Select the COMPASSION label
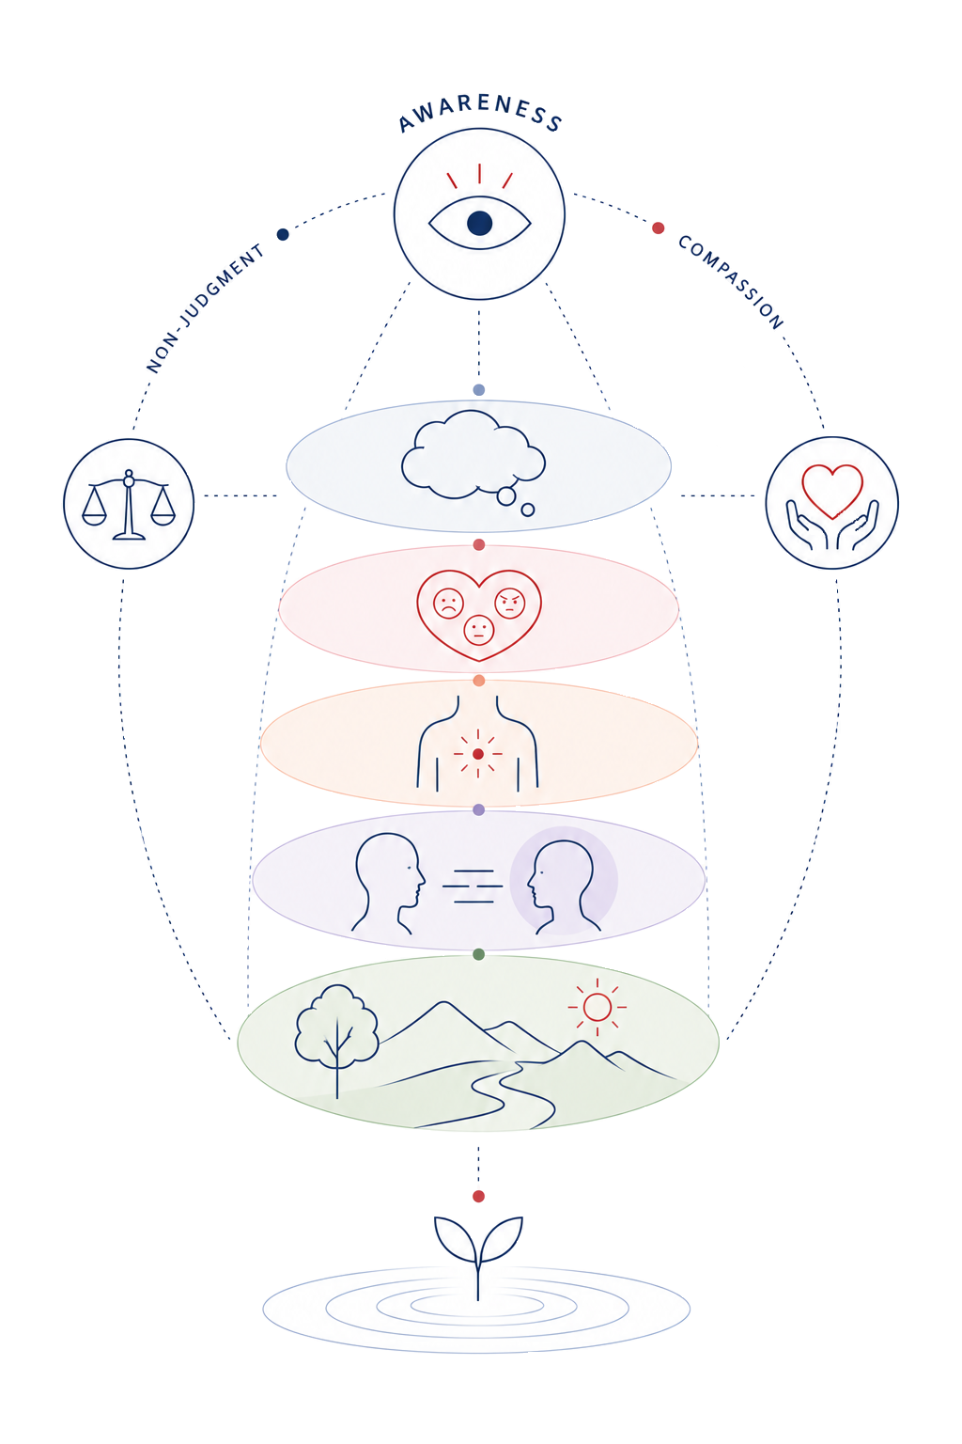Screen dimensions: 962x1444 (731, 282)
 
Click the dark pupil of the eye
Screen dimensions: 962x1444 (479, 224)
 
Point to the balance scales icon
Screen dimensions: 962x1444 (129, 505)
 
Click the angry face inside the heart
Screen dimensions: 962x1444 (510, 604)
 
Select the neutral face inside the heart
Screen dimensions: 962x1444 (479, 630)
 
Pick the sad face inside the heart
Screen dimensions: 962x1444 (448, 604)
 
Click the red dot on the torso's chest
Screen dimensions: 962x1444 (478, 754)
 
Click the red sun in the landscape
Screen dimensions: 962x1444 (597, 1007)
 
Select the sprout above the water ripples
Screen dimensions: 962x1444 (478, 1256)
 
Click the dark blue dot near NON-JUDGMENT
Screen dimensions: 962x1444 (283, 234)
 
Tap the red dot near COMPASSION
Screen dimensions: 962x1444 (658, 228)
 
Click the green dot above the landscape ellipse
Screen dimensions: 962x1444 (479, 954)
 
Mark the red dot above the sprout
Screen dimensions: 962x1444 (478, 1197)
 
